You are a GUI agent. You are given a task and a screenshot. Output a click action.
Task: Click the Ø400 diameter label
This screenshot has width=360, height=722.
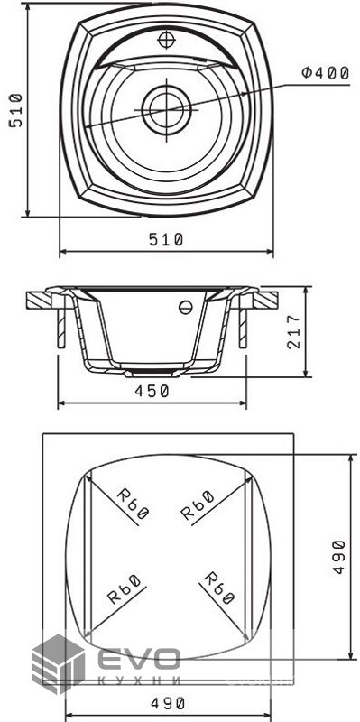pyautogui.click(x=325, y=73)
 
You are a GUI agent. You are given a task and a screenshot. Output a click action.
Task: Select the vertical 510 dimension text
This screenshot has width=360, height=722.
pyautogui.click(x=15, y=109)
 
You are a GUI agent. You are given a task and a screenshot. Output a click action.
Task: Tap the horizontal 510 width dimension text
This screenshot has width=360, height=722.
pyautogui.click(x=166, y=239)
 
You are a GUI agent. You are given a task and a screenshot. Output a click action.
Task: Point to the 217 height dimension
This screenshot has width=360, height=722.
pyautogui.click(x=294, y=332)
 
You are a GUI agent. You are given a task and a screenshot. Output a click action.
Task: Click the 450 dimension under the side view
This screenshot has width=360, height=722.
pyautogui.click(x=152, y=391)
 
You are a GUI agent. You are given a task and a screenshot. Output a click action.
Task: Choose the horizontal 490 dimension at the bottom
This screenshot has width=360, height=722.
pyautogui.click(x=168, y=703)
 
